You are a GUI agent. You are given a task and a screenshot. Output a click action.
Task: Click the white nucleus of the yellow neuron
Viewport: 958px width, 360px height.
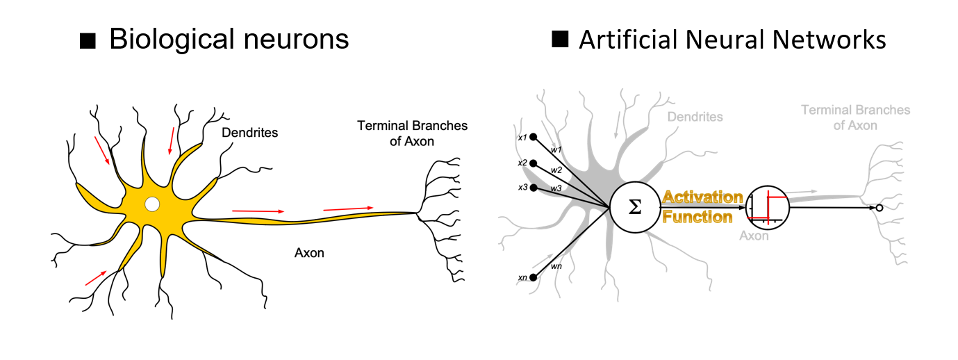[x=151, y=204]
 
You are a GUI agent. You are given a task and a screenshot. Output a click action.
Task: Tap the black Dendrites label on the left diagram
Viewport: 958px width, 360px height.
[x=249, y=132]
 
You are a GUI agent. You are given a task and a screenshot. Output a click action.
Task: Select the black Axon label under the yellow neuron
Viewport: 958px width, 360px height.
[x=309, y=253]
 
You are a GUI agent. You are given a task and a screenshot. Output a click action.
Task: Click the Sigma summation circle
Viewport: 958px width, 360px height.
[x=634, y=207]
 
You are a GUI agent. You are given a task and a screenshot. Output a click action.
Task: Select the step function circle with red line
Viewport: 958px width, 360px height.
[x=767, y=208]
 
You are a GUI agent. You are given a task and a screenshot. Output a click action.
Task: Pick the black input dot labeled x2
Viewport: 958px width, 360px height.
[x=533, y=163]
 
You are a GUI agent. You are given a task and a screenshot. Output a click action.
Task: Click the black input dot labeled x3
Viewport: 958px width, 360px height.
[x=533, y=188]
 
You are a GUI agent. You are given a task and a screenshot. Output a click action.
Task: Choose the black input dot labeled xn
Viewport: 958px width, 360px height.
[x=533, y=277]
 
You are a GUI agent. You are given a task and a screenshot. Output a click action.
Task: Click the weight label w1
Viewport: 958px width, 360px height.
[x=554, y=149]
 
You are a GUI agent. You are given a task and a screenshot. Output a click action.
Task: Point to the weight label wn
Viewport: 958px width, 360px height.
[x=556, y=265]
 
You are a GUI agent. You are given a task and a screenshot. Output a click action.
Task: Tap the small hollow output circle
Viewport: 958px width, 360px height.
[x=879, y=208]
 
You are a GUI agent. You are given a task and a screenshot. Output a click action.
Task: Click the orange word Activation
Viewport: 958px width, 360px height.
[x=702, y=197]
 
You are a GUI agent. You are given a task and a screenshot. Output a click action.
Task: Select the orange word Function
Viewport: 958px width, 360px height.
[x=697, y=217]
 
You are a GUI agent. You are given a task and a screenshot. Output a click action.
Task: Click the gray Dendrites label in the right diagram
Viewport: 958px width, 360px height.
[x=695, y=117]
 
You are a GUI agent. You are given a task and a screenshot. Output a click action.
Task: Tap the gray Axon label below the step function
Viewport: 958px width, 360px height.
[x=754, y=236]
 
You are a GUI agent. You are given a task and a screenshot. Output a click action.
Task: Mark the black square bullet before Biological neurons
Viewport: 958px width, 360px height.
[x=88, y=41]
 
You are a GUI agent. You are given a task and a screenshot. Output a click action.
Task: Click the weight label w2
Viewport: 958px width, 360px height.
[x=556, y=170]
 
